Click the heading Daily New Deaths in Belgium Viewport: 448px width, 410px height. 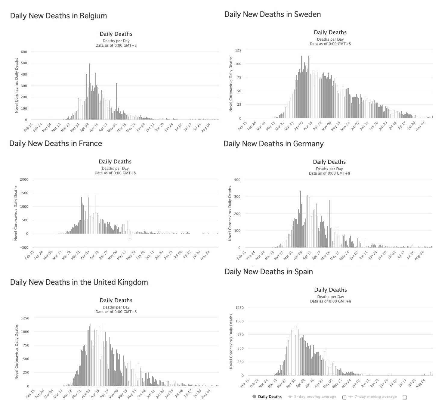[58, 16]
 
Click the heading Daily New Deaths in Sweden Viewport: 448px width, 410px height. [272, 14]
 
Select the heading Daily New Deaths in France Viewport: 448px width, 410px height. [56, 144]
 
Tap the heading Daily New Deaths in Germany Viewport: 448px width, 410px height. [273, 144]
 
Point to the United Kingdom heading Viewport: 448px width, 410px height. [79, 282]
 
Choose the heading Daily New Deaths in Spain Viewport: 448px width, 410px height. [269, 272]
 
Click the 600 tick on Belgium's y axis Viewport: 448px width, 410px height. [24, 52]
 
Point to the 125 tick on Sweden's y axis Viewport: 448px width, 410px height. [238, 50]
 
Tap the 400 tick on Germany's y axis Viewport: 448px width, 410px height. [237, 180]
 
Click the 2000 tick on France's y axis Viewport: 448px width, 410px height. [23, 179]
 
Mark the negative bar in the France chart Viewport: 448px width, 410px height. [130, 236]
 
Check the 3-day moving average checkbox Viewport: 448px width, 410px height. [344, 397]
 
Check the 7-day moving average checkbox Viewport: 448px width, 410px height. [405, 397]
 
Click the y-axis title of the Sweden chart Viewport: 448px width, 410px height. [231, 84]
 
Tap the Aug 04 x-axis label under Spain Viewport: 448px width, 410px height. [420, 384]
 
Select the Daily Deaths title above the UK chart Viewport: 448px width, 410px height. [116, 300]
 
